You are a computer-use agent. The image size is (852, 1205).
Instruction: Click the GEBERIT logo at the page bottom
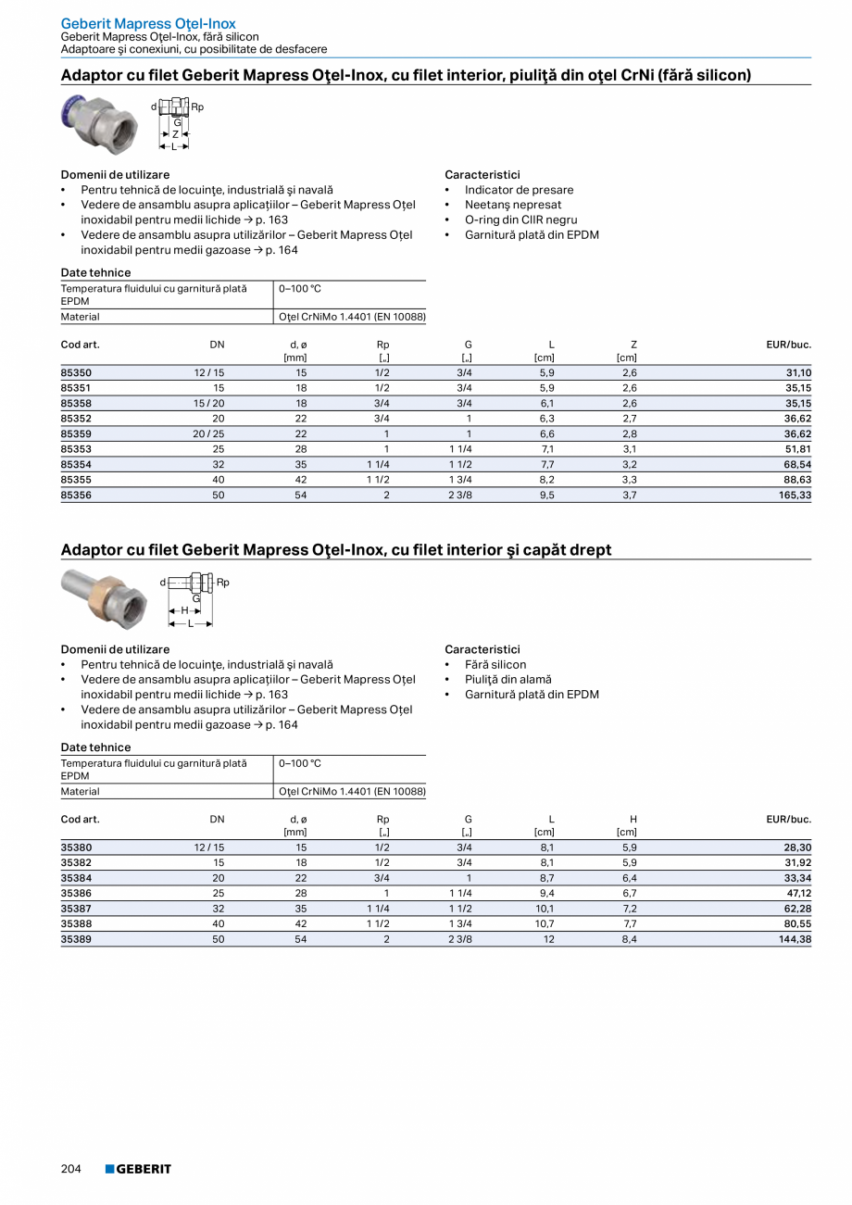click(138, 1169)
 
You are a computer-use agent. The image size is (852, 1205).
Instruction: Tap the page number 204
click(71, 1169)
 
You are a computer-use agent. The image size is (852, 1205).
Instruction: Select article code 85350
click(76, 372)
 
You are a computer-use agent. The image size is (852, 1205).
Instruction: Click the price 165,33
click(794, 496)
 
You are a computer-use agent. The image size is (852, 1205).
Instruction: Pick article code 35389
click(76, 939)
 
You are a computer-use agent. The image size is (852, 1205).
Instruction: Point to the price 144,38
click(794, 939)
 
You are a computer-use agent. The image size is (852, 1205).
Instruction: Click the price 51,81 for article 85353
click(796, 449)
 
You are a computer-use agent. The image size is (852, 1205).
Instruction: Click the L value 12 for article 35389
click(549, 939)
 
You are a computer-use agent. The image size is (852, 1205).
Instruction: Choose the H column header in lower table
click(633, 819)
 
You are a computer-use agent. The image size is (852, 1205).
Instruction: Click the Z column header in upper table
click(633, 345)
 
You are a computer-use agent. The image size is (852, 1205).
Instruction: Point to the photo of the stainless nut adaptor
click(98, 123)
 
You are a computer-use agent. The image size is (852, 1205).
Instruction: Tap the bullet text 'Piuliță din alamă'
click(507, 679)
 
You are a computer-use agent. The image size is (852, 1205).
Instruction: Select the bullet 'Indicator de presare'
click(519, 190)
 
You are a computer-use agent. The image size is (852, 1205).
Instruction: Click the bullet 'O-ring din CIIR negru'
click(520, 220)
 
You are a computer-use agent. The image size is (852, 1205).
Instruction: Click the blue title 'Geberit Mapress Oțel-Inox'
click(148, 23)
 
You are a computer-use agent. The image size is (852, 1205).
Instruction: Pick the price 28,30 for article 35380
click(796, 847)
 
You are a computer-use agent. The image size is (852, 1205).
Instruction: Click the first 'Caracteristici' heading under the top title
click(482, 174)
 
